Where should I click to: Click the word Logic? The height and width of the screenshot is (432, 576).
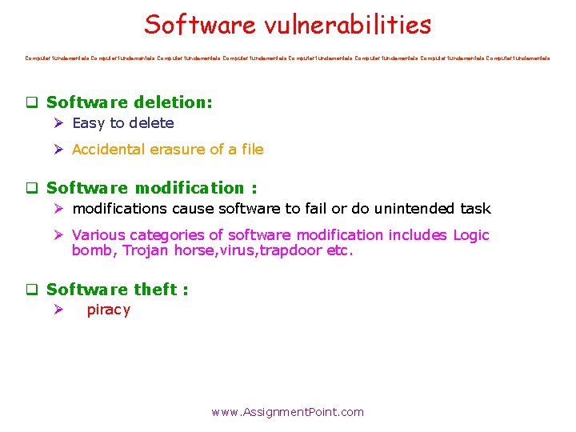pos(470,235)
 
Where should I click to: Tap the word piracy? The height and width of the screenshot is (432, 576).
pos(108,310)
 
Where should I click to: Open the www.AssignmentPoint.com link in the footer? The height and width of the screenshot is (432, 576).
pos(287,413)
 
